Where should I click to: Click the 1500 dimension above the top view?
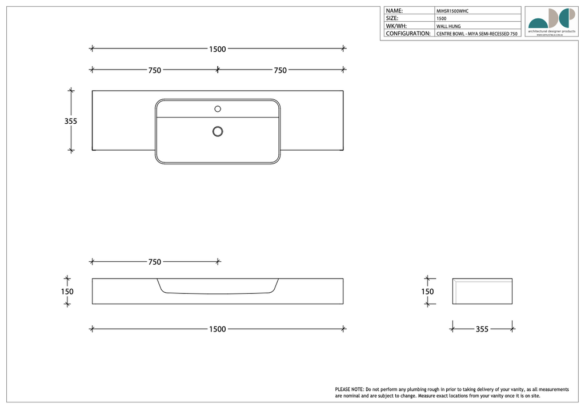tap(217, 49)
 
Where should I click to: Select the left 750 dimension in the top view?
tap(154, 70)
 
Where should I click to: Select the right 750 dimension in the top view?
tap(280, 70)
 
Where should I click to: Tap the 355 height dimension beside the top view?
tap(70, 121)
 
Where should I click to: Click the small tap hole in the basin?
tap(218, 108)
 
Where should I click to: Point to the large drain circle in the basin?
tap(218, 131)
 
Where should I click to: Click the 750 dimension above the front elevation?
tap(154, 262)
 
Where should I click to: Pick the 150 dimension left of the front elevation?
tap(67, 291)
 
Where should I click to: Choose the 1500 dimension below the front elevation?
tap(217, 329)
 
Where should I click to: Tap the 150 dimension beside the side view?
tap(427, 291)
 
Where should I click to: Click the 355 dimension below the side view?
tap(482, 329)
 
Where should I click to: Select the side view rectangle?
tap(483, 292)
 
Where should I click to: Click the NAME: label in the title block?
tap(395, 11)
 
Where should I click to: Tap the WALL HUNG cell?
tap(448, 26)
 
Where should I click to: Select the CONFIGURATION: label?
tap(408, 34)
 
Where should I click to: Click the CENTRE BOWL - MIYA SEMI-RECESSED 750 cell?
tap(477, 34)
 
